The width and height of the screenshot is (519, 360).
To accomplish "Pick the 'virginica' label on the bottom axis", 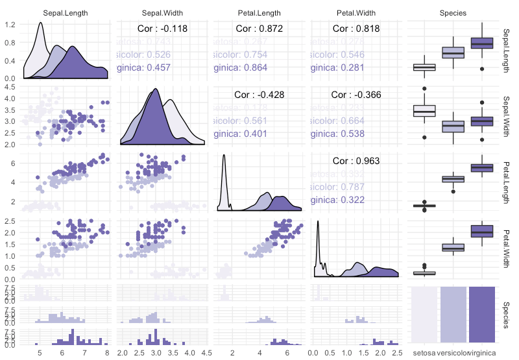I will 483,352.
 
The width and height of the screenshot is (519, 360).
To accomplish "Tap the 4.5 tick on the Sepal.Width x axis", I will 205,352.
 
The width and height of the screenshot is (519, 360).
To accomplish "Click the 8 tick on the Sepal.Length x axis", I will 106,352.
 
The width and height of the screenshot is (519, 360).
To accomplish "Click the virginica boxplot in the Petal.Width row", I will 483,232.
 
